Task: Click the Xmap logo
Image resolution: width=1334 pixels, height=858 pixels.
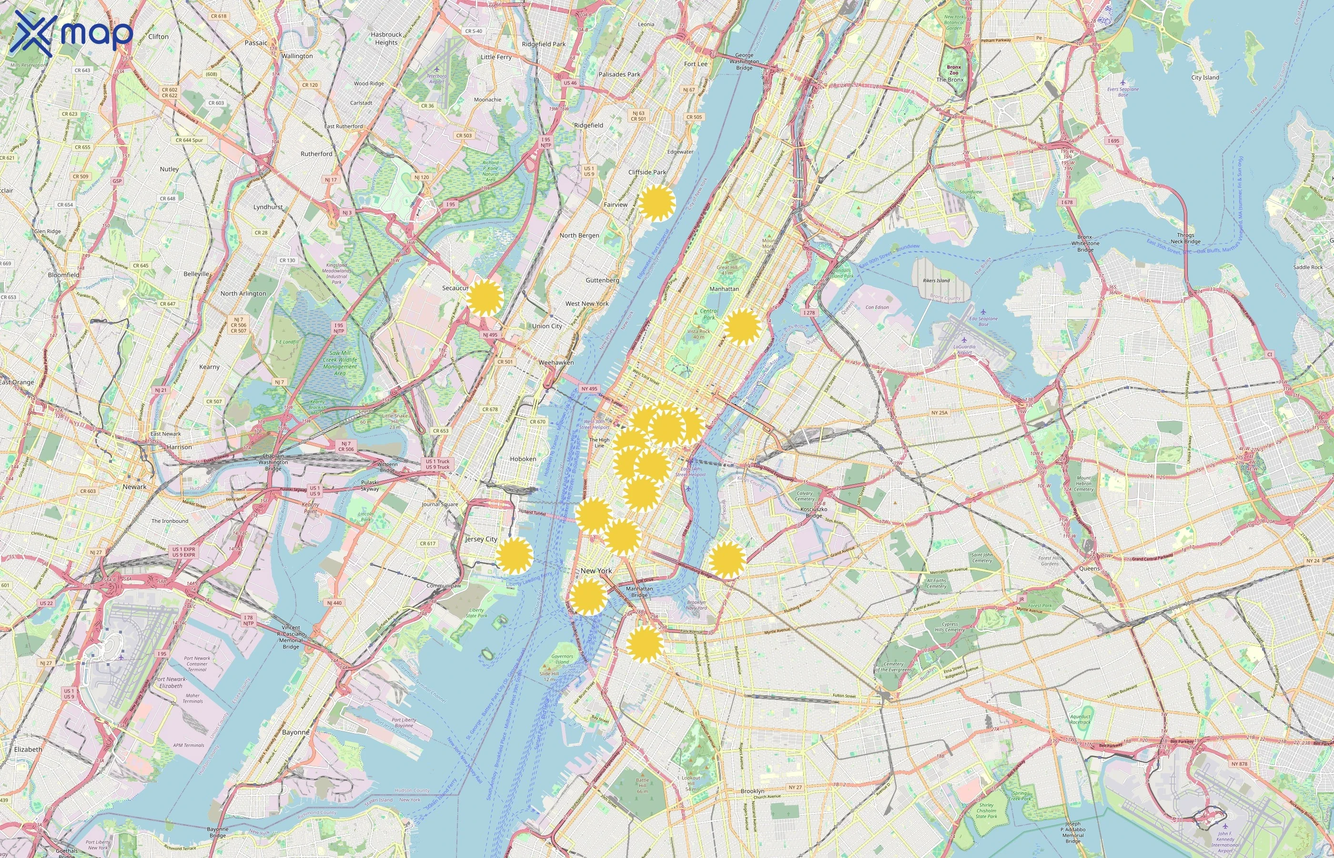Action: pos(71,33)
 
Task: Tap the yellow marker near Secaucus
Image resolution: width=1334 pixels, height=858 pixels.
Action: pos(485,298)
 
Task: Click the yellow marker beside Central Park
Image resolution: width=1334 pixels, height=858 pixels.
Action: pos(742,327)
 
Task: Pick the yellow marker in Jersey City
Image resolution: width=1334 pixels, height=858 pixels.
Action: pos(514,555)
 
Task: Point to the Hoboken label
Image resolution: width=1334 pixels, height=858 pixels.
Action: pos(523,459)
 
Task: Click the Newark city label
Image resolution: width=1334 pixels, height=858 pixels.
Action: pos(134,486)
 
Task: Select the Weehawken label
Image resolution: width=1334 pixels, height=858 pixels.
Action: pos(556,362)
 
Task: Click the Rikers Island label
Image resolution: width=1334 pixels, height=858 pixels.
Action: pos(936,280)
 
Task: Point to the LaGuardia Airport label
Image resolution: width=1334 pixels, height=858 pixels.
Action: pos(964,349)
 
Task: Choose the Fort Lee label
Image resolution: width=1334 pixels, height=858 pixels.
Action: pos(696,64)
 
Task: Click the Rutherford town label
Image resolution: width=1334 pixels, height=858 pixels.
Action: pos(316,154)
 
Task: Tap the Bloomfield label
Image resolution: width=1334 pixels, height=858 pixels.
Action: pos(63,275)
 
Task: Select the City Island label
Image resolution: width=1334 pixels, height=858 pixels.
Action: pos(1205,77)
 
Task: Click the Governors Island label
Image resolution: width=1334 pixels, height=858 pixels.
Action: pos(562,659)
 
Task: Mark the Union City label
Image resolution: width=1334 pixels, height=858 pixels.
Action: pos(547,326)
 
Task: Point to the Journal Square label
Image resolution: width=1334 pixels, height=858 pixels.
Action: pos(440,504)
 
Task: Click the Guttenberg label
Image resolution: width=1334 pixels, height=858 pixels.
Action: pos(602,280)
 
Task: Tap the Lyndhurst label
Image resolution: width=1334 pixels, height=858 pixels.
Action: pos(268,207)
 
